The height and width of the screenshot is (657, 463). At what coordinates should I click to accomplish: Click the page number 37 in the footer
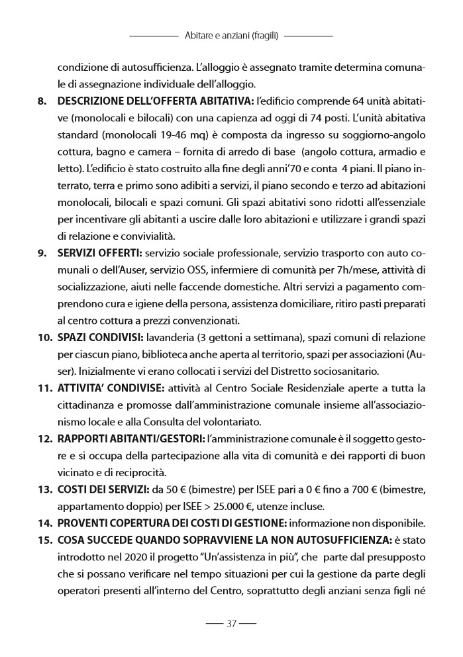(x=231, y=623)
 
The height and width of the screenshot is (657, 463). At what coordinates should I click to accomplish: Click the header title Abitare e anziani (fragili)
(x=231, y=35)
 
